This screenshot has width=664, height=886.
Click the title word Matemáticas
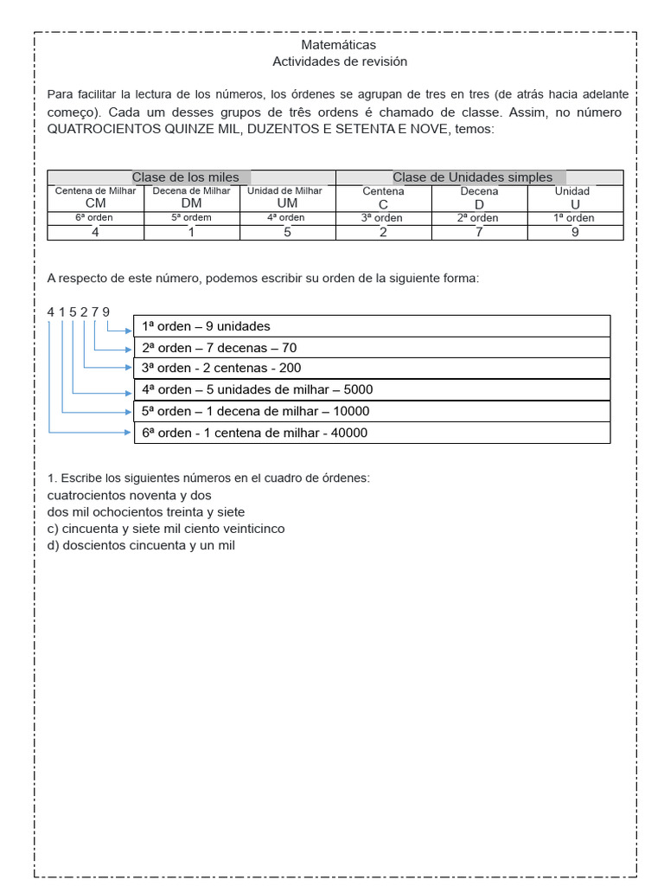click(339, 44)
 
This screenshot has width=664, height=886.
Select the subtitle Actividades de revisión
click(339, 61)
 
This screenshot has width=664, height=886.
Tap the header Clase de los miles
click(185, 177)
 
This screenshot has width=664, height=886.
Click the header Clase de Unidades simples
click(472, 177)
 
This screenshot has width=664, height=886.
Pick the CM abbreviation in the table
click(95, 203)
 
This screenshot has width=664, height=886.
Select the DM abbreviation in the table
click(191, 203)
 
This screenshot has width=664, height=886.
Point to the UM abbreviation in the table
click(285, 203)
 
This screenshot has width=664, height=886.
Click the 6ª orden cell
click(95, 218)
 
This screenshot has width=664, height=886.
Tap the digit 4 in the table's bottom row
click(95, 232)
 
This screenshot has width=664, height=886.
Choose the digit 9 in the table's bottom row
click(575, 232)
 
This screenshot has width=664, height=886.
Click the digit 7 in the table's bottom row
click(479, 232)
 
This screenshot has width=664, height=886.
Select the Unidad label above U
click(572, 191)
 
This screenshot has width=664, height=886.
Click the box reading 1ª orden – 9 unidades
click(372, 326)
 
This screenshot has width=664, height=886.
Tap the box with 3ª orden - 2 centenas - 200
click(372, 368)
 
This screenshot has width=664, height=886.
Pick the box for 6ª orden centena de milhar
click(372, 433)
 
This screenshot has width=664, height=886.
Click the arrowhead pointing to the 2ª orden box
click(130, 349)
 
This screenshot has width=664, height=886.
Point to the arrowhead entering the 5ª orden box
click(130, 412)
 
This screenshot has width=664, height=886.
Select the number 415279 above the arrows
click(79, 311)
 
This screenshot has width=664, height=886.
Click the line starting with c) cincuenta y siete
click(166, 528)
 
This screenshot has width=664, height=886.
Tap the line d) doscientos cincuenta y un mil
click(141, 545)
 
